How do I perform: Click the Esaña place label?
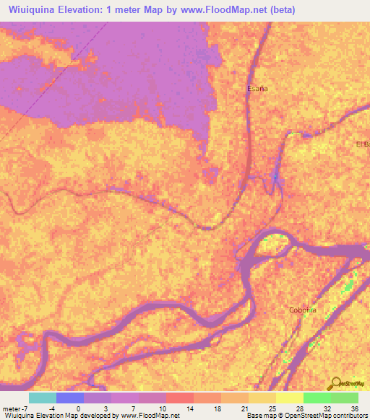pos(257,88)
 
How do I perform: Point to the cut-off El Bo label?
pos(362,144)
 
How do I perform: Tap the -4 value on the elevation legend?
pos(43,408)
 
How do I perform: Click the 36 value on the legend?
pos(354,408)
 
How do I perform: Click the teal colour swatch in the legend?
pos(43,398)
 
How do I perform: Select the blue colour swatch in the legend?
pos(70,398)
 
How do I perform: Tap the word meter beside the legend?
pos(10,408)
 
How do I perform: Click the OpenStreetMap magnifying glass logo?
pos(335,383)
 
